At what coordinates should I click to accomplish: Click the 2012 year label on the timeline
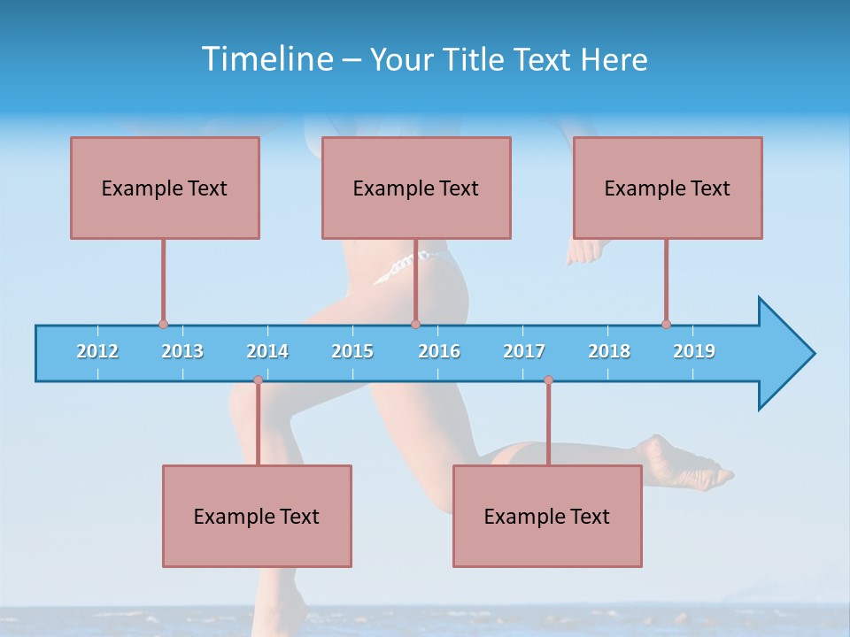point(97,351)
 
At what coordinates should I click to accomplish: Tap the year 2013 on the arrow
point(182,351)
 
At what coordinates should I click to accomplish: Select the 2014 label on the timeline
point(267,351)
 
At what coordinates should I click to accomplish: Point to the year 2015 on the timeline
point(352,351)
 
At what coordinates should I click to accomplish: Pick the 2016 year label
point(439,351)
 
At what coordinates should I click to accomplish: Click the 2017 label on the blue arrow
point(524,351)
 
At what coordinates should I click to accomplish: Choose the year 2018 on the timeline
point(609,351)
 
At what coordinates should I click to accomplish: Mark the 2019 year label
point(694,351)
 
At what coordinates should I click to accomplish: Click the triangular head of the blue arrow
point(784,354)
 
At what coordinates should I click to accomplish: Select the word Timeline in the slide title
point(267,59)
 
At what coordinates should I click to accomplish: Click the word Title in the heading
point(475,59)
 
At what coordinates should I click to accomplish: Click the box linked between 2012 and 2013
point(165,188)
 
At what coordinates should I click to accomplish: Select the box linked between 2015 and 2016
point(416,188)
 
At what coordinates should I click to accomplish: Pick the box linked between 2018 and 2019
point(668,188)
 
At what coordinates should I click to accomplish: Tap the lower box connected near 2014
point(257,516)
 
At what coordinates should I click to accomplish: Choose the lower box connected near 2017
point(547,516)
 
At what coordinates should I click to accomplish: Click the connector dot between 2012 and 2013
point(163,325)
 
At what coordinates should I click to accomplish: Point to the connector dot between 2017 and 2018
point(548,380)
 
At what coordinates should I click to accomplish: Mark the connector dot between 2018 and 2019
point(666,325)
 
